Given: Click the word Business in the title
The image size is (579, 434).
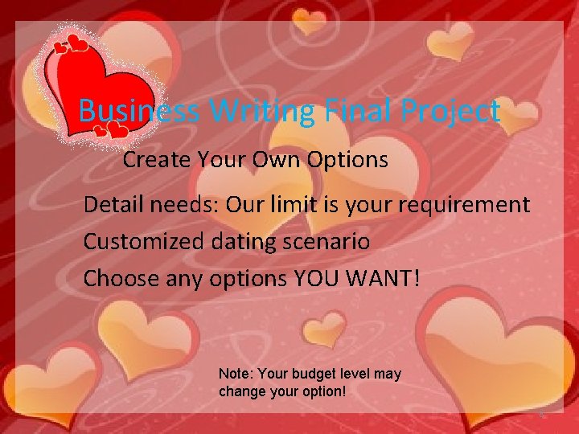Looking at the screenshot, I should tap(139, 111).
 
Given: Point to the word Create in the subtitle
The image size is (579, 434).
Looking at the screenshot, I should tap(155, 160).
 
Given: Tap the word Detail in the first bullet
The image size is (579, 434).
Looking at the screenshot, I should tap(112, 205).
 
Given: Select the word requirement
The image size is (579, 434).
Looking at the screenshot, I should tap(463, 205).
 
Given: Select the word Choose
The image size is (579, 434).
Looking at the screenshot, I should tap(121, 278).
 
